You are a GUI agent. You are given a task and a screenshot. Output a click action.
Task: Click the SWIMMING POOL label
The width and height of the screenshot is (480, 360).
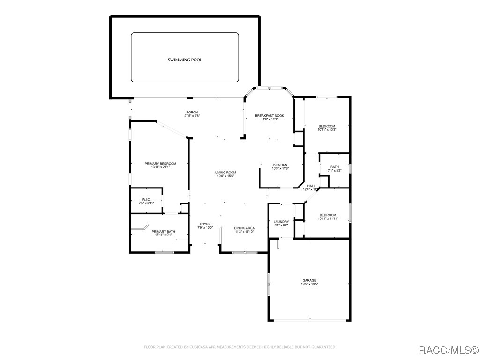pyautogui.click(x=185, y=60)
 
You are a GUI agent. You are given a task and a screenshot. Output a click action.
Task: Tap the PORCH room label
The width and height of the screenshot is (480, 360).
pyautogui.click(x=192, y=112)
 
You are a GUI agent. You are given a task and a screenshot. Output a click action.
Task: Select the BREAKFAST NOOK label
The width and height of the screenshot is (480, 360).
pyautogui.click(x=270, y=115)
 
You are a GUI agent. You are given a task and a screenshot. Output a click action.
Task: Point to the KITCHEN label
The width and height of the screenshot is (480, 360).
pyautogui.click(x=280, y=165)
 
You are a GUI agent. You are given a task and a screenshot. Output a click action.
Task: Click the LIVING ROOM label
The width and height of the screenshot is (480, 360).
pyautogui.click(x=225, y=172)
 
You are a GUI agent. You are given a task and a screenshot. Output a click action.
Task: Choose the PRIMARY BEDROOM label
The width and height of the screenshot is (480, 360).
pyautogui.click(x=160, y=164)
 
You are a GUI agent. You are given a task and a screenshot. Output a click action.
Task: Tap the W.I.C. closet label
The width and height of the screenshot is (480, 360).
pyautogui.click(x=146, y=200)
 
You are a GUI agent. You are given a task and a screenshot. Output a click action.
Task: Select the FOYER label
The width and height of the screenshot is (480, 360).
pyautogui.click(x=205, y=224)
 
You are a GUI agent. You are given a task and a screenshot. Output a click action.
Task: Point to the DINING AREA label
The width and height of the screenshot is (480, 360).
pyautogui.click(x=244, y=228)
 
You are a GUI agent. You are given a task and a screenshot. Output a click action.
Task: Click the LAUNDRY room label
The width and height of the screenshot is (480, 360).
pyautogui.click(x=281, y=222)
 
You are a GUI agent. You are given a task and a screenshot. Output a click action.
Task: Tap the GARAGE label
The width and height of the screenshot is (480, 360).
pyautogui.click(x=309, y=280)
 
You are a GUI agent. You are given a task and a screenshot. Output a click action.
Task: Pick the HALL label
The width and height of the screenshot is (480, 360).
pyautogui.click(x=311, y=186)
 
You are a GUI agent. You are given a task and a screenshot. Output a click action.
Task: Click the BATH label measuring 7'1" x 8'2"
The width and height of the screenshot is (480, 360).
pyautogui.click(x=335, y=167)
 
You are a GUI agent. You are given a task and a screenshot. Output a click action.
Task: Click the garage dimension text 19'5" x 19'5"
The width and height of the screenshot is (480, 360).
pyautogui.click(x=309, y=284)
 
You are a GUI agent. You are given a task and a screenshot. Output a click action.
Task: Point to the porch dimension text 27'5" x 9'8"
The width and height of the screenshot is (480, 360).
pyautogui.click(x=192, y=116)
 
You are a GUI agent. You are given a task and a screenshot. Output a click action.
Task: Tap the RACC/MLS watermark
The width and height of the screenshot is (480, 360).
pyautogui.click(x=448, y=350)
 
